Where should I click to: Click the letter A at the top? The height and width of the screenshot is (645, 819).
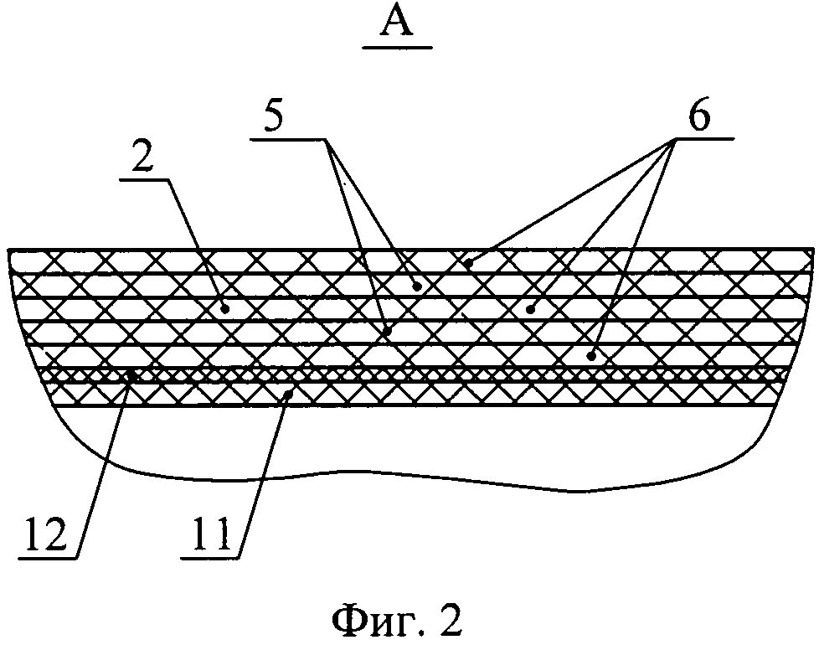[x=399, y=22]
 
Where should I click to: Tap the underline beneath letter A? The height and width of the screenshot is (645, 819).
[x=399, y=48]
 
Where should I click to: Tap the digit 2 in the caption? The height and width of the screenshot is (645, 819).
[x=450, y=621]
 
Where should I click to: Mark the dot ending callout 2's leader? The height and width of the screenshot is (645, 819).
[x=224, y=308]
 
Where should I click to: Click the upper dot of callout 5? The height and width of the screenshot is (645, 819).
[x=416, y=286]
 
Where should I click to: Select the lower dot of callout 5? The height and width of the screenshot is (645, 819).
[x=388, y=332]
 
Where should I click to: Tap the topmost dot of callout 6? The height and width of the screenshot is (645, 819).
[x=469, y=263]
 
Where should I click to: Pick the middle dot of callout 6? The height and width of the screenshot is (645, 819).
[x=529, y=308]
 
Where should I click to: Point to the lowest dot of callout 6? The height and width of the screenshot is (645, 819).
[x=591, y=355]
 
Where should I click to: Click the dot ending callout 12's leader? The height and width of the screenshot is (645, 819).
[x=131, y=377]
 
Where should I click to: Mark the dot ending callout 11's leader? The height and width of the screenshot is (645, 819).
[x=289, y=391]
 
